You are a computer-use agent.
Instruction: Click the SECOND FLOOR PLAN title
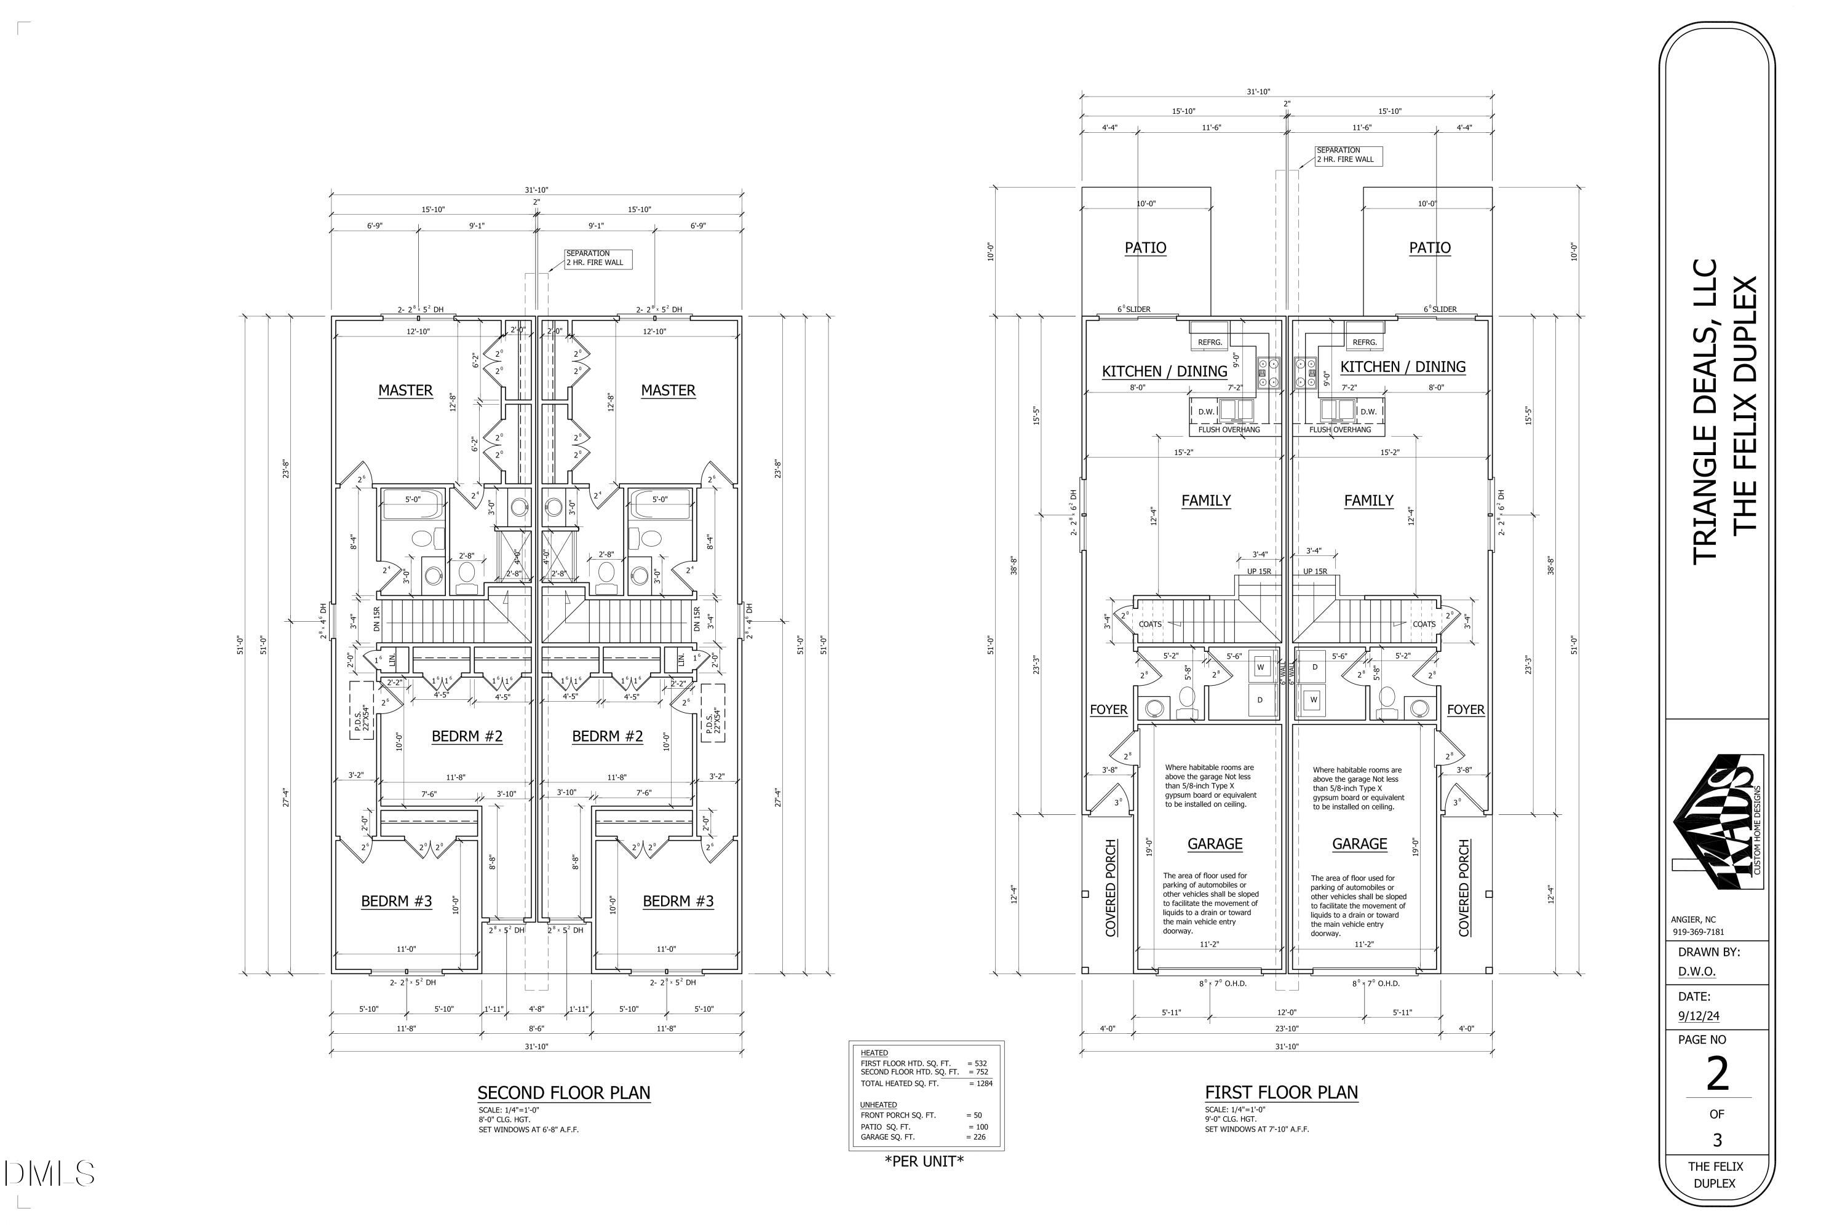563,1093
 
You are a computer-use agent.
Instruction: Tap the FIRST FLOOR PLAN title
1281,1092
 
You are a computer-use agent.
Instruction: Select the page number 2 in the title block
1716,1074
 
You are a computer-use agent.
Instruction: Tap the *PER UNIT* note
924,1162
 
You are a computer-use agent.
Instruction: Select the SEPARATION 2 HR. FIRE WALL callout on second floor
598,258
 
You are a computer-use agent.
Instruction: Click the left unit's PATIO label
1145,248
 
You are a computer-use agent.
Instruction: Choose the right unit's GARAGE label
1359,844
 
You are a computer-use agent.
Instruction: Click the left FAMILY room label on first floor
1205,501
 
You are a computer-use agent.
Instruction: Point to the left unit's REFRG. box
1210,342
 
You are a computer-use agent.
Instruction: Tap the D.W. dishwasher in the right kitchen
1368,411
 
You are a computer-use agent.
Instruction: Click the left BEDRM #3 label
396,902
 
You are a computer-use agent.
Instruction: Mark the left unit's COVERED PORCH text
1111,888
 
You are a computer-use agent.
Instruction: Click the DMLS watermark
49,1173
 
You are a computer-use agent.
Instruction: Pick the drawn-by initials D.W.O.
1697,971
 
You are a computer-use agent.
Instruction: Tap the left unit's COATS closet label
1150,624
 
